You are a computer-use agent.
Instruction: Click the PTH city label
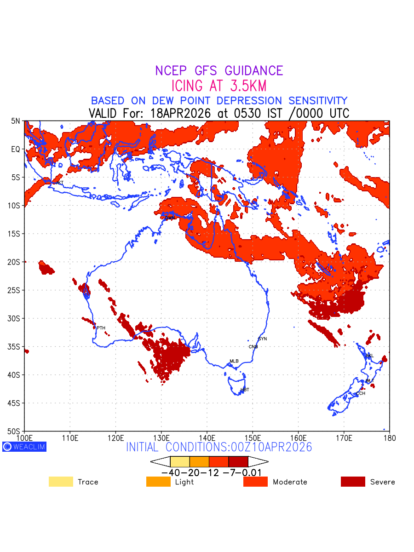[x=101, y=328]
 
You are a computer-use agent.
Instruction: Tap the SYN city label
[x=262, y=339]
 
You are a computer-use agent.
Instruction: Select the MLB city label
[x=234, y=361]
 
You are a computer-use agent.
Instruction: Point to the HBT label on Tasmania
[x=245, y=390]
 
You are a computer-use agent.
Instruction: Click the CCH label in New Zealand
[x=361, y=394]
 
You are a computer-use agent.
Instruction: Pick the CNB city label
[x=253, y=347]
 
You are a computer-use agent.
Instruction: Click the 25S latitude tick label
[x=15, y=290]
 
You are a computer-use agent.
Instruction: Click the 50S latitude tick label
[x=15, y=431]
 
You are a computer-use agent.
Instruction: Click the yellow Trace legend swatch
[x=61, y=482]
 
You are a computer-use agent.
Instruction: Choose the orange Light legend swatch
[x=158, y=482]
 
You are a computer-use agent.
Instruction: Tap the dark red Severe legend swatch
[x=353, y=482]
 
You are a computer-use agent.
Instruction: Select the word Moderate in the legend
[x=290, y=482]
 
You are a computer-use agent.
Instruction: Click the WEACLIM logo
[x=24, y=447]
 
